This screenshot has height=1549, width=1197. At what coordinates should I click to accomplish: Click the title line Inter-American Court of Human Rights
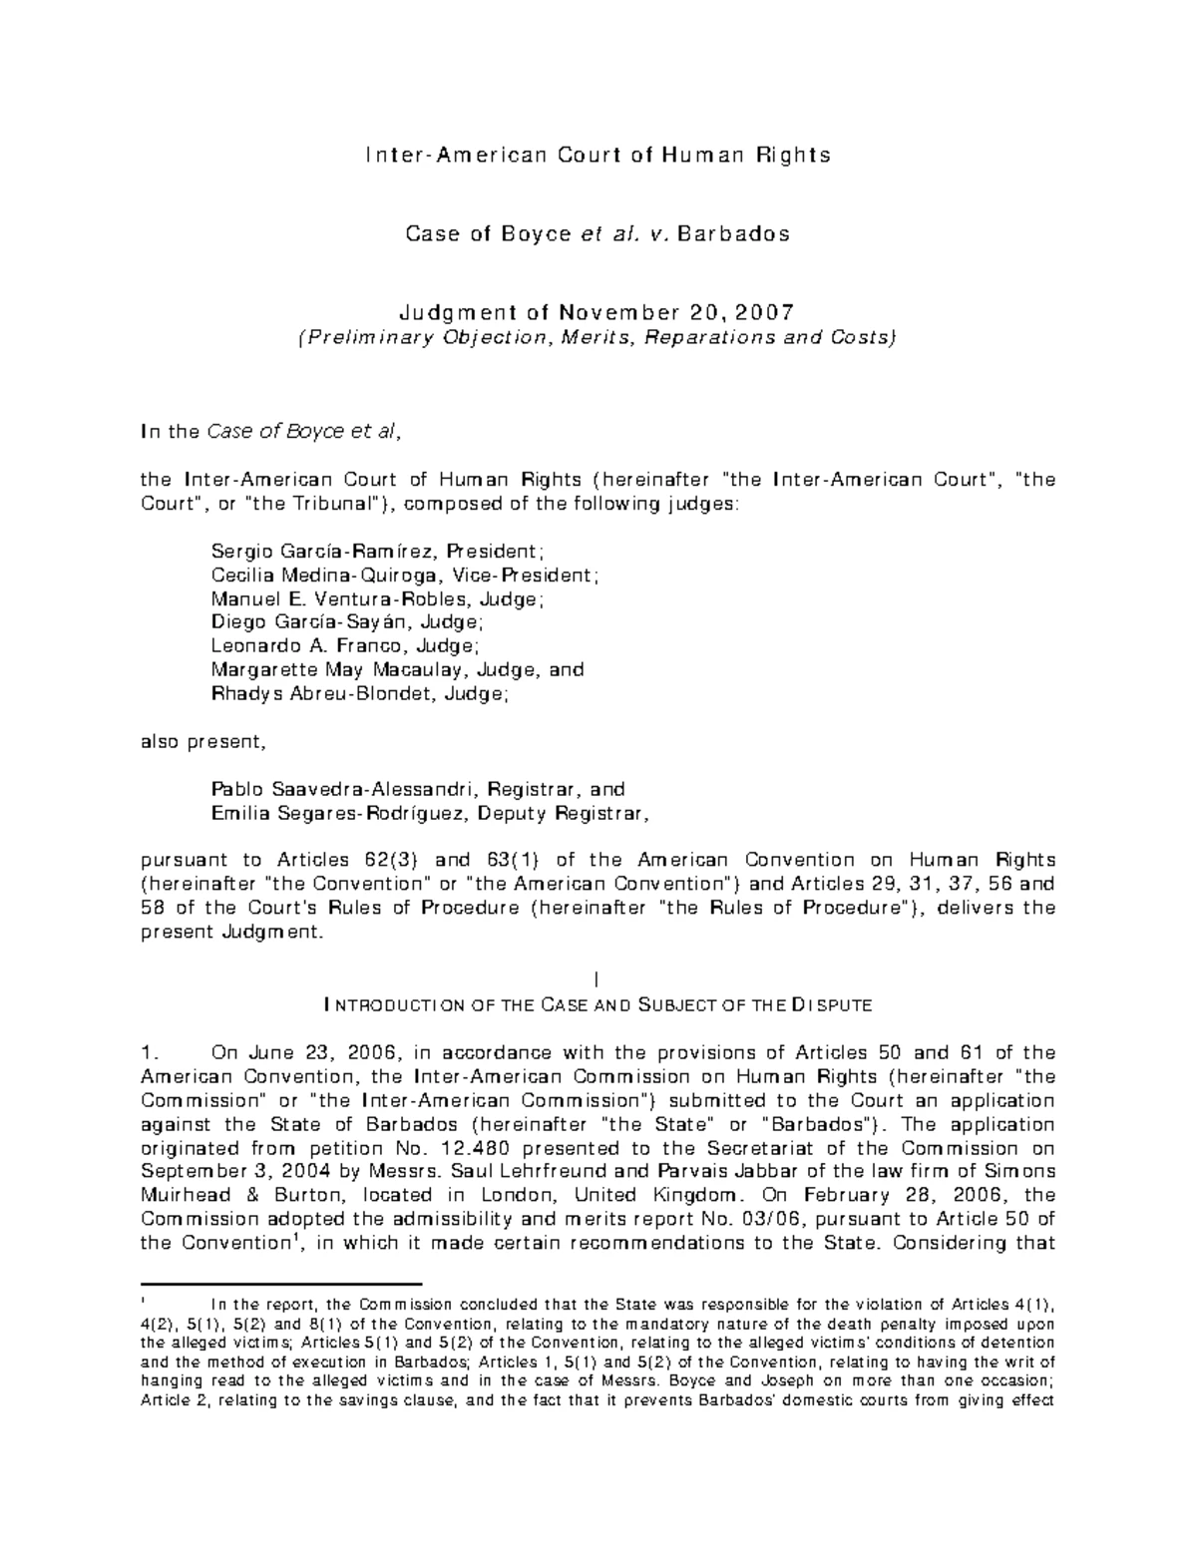point(598,156)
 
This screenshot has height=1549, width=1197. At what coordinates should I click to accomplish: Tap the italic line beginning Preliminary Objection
point(598,337)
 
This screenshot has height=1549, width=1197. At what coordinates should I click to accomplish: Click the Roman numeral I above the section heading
point(596,981)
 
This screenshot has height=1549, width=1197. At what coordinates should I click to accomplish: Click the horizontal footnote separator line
point(282,1284)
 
